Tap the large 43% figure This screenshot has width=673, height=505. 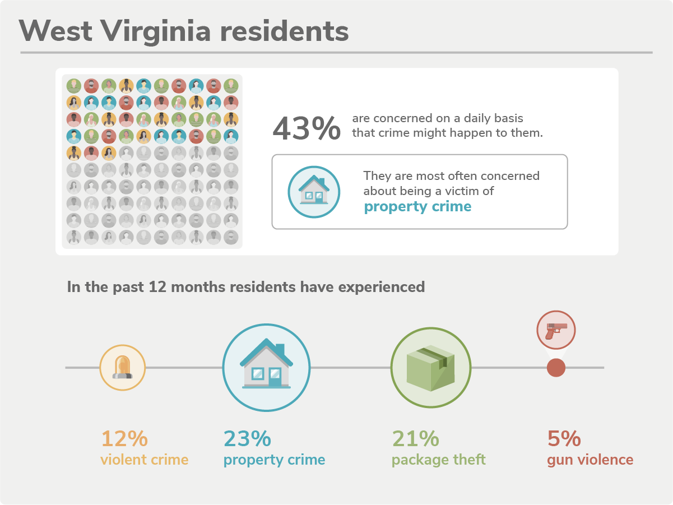click(306, 128)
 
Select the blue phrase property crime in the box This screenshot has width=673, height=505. click(417, 207)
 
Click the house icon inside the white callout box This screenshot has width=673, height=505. click(314, 192)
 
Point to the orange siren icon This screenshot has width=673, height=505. click(123, 367)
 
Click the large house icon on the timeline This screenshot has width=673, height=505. click(266, 367)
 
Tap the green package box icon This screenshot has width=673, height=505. click(430, 367)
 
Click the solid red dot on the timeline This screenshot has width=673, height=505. click(556, 368)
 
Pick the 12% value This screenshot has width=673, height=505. click(124, 438)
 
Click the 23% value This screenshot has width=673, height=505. click(247, 438)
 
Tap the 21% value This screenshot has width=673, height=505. click(415, 438)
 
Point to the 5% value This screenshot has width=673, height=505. click(564, 438)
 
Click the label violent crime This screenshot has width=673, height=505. click(144, 460)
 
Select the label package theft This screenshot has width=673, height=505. click(438, 460)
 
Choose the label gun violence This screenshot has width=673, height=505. click(590, 460)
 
